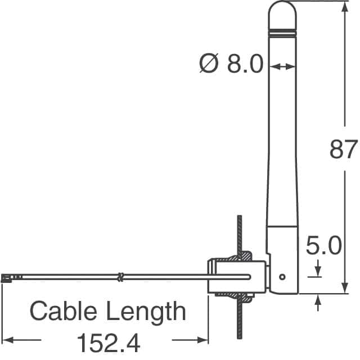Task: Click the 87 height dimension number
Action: click(x=344, y=149)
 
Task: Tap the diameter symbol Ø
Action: click(x=209, y=64)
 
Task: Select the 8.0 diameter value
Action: click(x=245, y=64)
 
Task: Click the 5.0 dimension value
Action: click(x=324, y=245)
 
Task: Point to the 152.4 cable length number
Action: click(x=109, y=343)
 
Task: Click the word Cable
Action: click(x=63, y=311)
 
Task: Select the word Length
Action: click(x=146, y=312)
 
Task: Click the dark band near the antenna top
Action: click(x=282, y=30)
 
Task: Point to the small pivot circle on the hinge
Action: click(x=282, y=277)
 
